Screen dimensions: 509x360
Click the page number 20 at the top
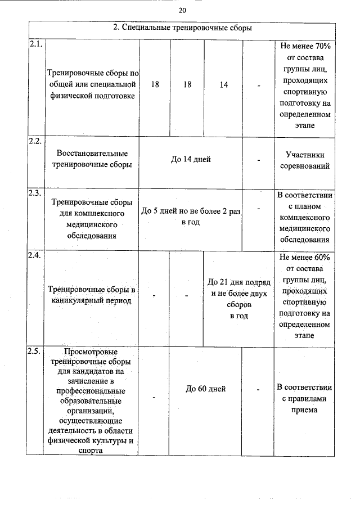(182, 10)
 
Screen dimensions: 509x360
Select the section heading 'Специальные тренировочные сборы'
(183, 28)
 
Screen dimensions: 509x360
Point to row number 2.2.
(34, 141)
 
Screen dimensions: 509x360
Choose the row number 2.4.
(34, 255)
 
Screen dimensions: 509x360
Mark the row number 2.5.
(34, 352)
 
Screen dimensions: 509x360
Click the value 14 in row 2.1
(224, 84)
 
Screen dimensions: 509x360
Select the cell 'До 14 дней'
(191, 160)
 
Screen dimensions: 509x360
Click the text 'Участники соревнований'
(304, 160)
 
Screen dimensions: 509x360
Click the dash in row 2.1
(259, 85)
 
